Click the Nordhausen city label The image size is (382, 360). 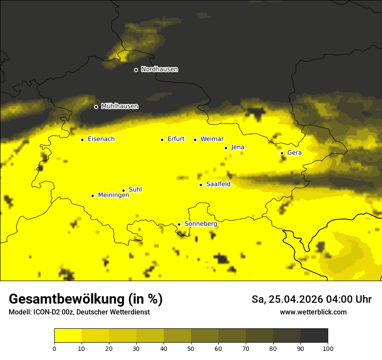click(159, 69)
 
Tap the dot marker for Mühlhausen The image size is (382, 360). click(96, 107)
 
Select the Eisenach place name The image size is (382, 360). click(101, 139)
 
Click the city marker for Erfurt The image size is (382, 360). click(162, 140)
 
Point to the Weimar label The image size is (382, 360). click(212, 139)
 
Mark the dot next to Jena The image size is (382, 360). click(226, 148)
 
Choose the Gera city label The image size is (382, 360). click(294, 153)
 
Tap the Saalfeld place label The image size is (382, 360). click(218, 184)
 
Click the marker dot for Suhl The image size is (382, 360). click(123, 190)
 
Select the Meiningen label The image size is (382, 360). click(113, 196)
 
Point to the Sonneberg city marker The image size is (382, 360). click(179, 224)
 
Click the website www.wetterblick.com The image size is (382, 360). click(313, 312)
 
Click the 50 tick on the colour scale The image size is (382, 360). click(191, 348)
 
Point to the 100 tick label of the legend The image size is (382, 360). click(328, 348)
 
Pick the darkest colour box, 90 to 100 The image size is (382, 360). click(314, 336)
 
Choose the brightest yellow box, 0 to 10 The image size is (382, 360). click(68, 336)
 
